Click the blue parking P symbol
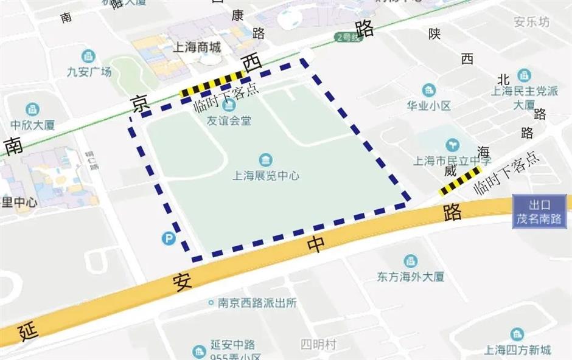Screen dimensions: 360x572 click(169, 239)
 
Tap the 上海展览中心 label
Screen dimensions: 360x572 click(266, 176)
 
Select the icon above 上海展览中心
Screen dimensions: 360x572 click(266, 160)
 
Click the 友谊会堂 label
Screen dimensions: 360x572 click(229, 120)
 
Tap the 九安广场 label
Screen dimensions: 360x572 click(89, 72)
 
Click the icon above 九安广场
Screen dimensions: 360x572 click(89, 57)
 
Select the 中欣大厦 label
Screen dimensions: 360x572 click(33, 125)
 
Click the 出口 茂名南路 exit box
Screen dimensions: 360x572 click(539, 212)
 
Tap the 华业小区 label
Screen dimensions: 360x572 click(429, 105)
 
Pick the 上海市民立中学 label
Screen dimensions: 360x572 click(452, 161)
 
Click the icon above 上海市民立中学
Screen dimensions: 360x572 click(452, 145)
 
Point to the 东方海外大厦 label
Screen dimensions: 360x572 click(411, 277)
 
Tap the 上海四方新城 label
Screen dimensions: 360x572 click(517, 349)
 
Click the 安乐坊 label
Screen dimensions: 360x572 click(531, 22)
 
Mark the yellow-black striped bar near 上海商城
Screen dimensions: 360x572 click(212, 84)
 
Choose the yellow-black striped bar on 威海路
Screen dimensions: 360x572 click(460, 181)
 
